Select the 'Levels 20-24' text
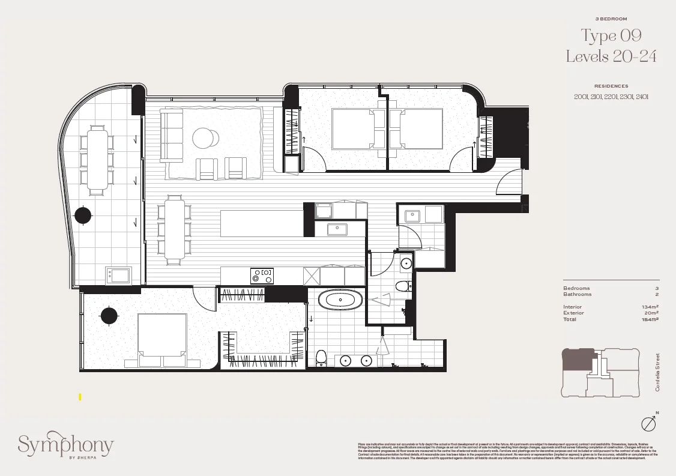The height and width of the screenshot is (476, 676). [611, 56]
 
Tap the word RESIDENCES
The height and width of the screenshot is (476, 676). [611, 86]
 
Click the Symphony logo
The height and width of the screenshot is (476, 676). [65, 445]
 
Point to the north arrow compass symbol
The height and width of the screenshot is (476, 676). [648, 423]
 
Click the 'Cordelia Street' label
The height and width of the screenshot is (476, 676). [657, 372]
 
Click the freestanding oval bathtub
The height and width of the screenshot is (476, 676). [337, 299]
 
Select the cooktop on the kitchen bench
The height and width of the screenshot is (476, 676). [262, 276]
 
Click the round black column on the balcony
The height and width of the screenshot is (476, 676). [82, 215]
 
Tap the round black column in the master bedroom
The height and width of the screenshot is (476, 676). [109, 315]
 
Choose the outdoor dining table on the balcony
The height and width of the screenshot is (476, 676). [96, 160]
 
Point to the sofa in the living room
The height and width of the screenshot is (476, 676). [172, 135]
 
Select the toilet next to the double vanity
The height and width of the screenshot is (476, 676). [321, 358]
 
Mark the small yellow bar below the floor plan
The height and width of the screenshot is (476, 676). [80, 397]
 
